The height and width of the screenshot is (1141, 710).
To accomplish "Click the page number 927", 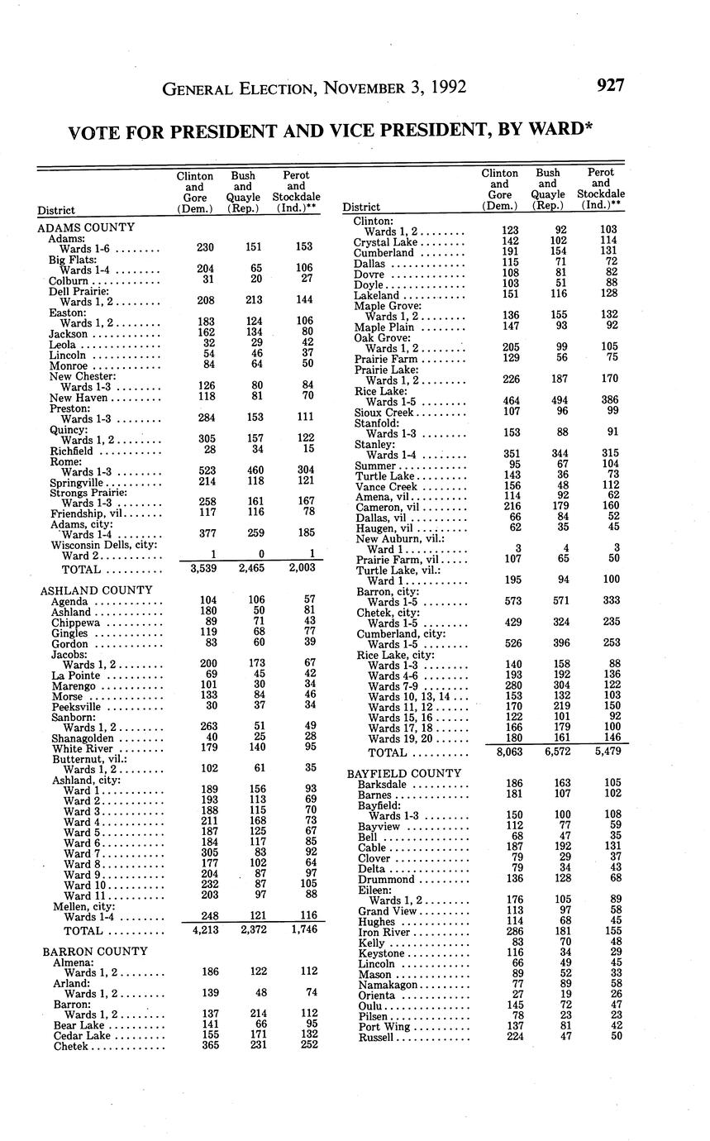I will (608, 86).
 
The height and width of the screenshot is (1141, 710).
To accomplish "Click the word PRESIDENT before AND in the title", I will (208, 131).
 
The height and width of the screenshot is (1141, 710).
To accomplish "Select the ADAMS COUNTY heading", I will (86, 227).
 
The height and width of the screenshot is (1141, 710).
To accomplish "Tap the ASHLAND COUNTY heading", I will (97, 590).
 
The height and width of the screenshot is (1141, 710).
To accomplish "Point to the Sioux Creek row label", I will (384, 412).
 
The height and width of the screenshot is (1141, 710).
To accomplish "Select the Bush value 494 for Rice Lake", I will (547, 401).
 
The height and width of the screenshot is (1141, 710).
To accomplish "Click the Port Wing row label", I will (382, 1027).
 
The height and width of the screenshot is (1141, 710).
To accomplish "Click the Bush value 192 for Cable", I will (547, 847).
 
